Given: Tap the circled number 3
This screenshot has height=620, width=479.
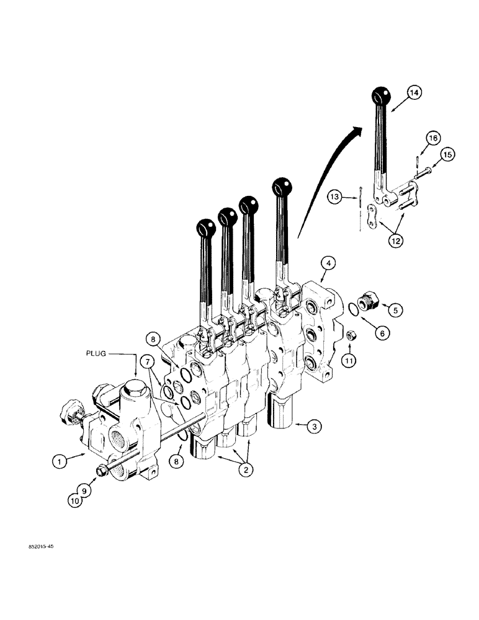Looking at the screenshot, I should point(316,427).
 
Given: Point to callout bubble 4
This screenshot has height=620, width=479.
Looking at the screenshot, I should point(328,263).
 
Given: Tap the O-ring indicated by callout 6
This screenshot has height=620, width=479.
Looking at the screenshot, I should point(351,308).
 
